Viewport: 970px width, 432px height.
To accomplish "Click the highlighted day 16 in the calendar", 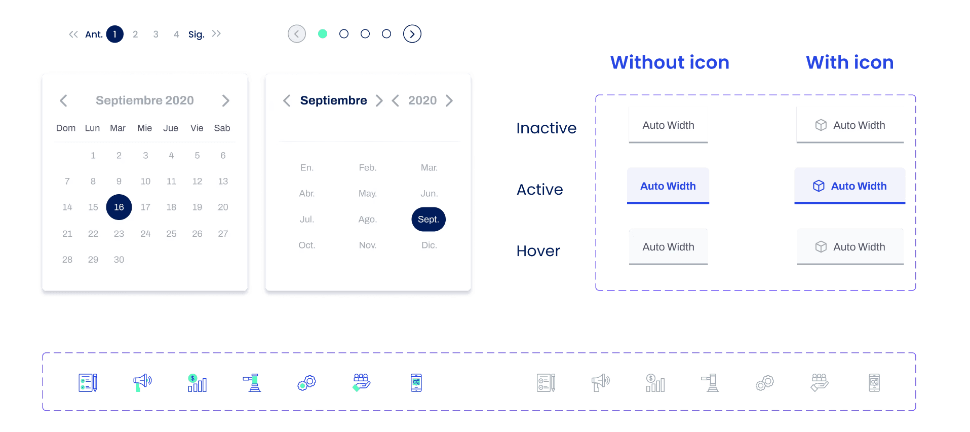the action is pyautogui.click(x=119, y=207).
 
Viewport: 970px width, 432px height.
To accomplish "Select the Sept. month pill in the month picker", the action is pyautogui.click(x=429, y=219).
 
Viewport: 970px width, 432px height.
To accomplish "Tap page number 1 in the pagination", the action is pyautogui.click(x=115, y=34).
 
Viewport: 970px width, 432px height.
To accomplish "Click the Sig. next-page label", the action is pyautogui.click(x=196, y=34).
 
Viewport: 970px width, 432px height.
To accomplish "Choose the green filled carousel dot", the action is pyautogui.click(x=323, y=34).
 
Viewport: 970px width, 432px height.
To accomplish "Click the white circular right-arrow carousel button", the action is pyautogui.click(x=412, y=34).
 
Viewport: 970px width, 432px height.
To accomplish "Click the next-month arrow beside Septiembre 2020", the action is pyautogui.click(x=225, y=100).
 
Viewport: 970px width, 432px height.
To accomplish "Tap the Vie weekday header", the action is pyautogui.click(x=197, y=128).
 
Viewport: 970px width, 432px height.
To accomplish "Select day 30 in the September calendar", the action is pyautogui.click(x=119, y=260).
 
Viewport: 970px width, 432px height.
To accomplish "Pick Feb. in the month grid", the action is pyautogui.click(x=367, y=168).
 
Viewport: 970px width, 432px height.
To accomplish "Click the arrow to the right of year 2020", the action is pyautogui.click(x=449, y=100).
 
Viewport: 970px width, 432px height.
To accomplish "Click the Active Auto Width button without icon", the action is pyautogui.click(x=668, y=186).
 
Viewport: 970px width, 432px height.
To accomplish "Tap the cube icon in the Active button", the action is pyautogui.click(x=819, y=186).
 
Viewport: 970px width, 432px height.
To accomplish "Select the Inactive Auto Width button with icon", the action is pyautogui.click(x=850, y=125).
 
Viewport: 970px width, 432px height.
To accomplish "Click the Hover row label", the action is pyautogui.click(x=538, y=251).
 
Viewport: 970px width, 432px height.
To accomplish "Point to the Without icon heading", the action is pyautogui.click(x=670, y=62).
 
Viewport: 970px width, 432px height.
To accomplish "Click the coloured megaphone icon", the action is pyautogui.click(x=142, y=382).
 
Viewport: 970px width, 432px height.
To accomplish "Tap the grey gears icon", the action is pyautogui.click(x=765, y=383).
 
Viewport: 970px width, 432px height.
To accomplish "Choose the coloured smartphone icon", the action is pyautogui.click(x=416, y=383).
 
